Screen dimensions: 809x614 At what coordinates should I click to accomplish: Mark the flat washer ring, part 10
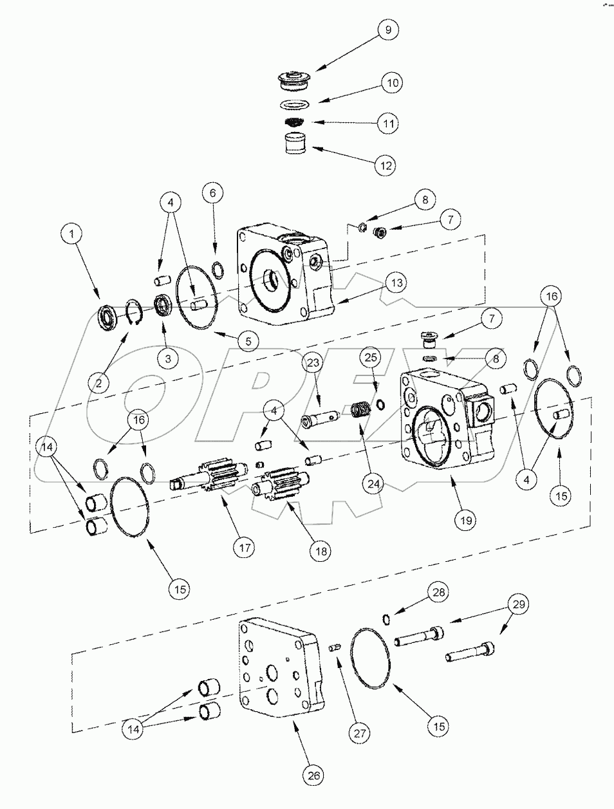[295, 104]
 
